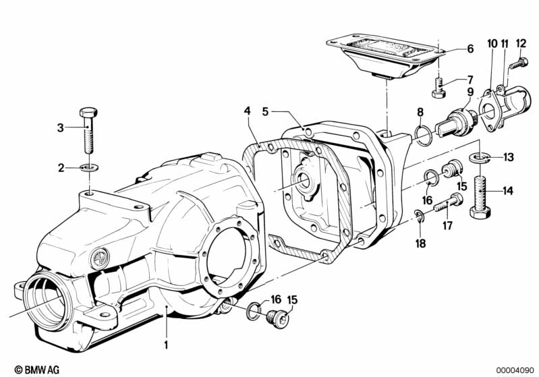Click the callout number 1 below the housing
coord(166,345)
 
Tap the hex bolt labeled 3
coord(88,130)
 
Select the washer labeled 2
coord(89,168)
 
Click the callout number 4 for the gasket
coord(247,111)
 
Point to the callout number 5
coord(265,112)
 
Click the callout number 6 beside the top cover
coord(470,49)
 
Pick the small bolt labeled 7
coord(438,88)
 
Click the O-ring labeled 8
coord(423,136)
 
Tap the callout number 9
coord(470,92)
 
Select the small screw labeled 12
coord(518,63)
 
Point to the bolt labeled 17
coord(448,203)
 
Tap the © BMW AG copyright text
coord(37,370)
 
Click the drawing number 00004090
coord(515,370)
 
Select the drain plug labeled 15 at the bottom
coord(278,319)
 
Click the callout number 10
coord(492,45)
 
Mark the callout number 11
coord(505,45)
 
